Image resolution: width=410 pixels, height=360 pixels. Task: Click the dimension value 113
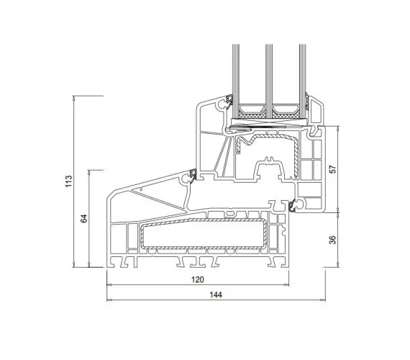68,181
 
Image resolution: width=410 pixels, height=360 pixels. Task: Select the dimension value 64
83,218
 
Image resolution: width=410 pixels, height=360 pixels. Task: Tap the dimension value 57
332,169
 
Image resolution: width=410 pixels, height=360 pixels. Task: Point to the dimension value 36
332,240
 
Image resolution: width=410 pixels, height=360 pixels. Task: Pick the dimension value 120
197,279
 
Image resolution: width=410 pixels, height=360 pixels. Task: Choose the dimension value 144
216,294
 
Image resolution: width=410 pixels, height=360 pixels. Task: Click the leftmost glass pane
236,81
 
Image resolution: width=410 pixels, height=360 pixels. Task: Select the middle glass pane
269,81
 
